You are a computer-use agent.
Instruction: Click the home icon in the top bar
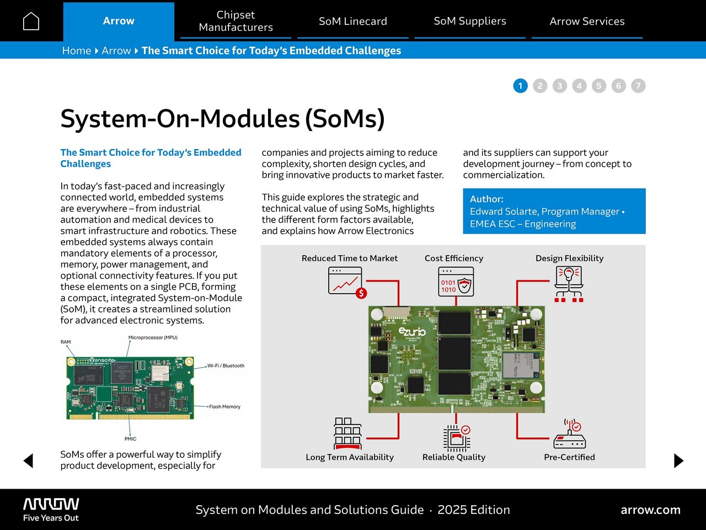[31, 21]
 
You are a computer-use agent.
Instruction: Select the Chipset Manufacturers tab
[236, 21]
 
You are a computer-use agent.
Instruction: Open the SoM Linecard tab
[353, 21]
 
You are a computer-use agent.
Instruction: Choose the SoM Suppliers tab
[470, 21]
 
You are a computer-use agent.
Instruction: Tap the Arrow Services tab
[587, 21]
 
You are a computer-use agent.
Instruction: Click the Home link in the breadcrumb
[76, 51]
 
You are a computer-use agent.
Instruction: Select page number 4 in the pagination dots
[579, 86]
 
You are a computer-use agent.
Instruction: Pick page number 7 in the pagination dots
[638, 86]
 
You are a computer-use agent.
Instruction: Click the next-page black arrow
[678, 460]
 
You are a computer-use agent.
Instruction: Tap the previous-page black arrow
[29, 460]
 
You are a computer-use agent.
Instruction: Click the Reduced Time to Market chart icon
[346, 282]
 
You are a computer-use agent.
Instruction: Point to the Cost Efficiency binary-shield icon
[456, 282]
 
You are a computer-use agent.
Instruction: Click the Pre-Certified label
[569, 457]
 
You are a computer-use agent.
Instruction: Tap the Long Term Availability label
[350, 457]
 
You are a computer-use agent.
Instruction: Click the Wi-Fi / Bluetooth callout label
[226, 365]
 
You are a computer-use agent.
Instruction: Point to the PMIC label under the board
[130, 439]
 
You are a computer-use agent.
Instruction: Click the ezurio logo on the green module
[412, 331]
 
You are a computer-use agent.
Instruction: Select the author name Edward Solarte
[504, 211]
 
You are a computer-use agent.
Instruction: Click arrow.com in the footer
[650, 510]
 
